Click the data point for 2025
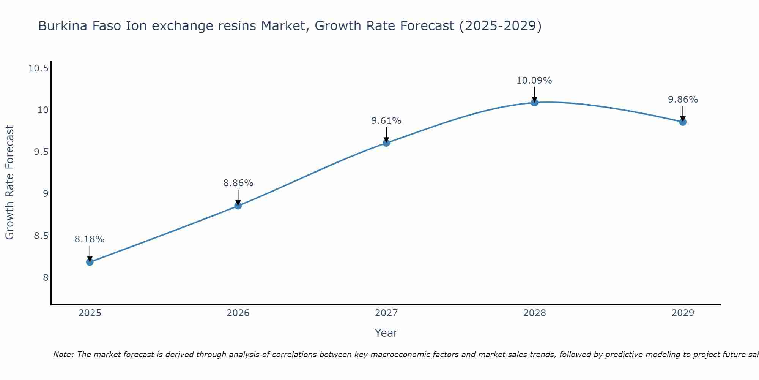90,262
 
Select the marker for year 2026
238,206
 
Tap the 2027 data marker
386,143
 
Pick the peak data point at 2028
534,102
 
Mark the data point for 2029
683,122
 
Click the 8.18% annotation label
90,239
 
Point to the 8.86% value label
238,183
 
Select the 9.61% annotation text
386,121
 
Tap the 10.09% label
534,81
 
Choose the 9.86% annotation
683,100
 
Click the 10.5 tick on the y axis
38,68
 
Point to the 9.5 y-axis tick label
41,152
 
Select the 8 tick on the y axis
46,277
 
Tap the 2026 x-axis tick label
238,313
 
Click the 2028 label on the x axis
534,313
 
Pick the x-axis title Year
386,333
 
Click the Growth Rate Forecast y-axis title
9,182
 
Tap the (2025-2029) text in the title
500,26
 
